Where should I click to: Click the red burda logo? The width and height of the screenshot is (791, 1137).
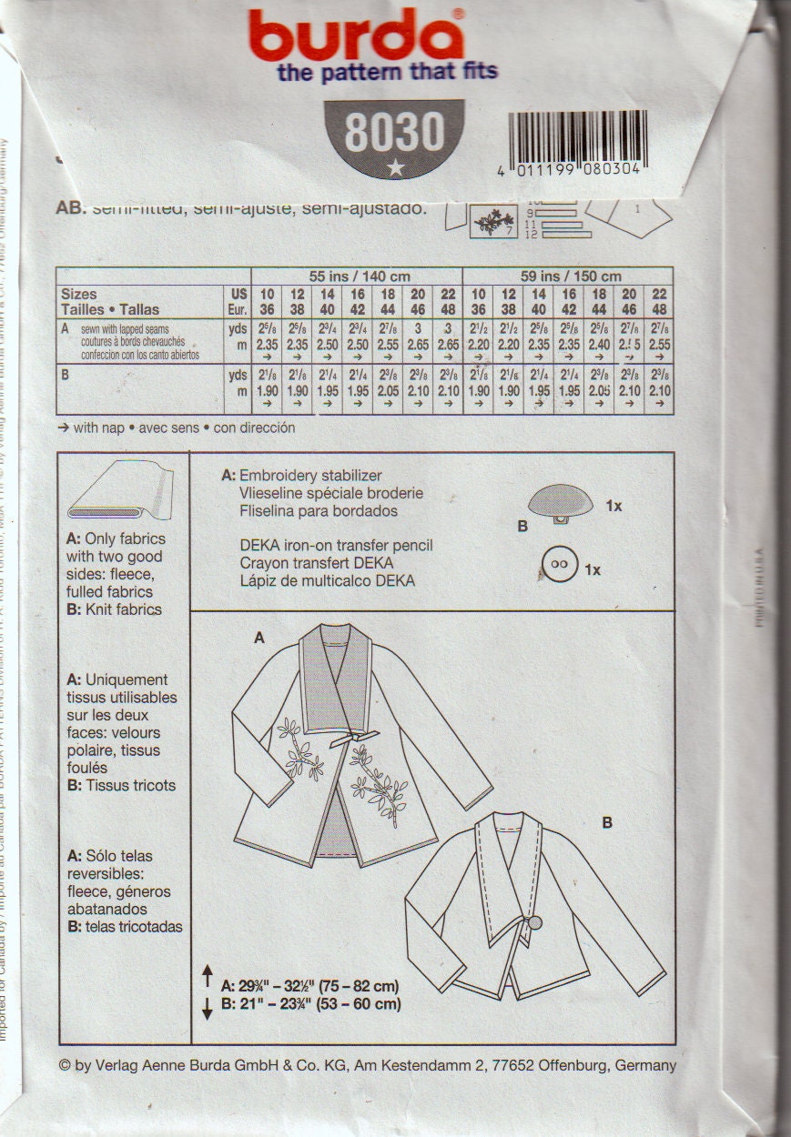click(355, 36)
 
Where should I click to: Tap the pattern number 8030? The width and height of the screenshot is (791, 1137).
click(393, 134)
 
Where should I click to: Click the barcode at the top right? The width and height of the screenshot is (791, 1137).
click(577, 136)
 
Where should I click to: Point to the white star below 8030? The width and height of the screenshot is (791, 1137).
click(394, 166)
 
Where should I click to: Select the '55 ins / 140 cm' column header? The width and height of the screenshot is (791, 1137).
click(356, 276)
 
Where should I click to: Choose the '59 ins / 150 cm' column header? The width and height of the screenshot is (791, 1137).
click(568, 276)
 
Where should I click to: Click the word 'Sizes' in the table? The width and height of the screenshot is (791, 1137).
click(79, 295)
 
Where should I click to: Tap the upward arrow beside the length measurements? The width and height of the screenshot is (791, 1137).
click(207, 971)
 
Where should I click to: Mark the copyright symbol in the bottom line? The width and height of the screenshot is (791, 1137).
click(65, 1065)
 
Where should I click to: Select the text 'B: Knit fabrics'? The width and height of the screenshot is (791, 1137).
click(116, 609)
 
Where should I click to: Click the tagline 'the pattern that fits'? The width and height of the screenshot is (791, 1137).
click(387, 72)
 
